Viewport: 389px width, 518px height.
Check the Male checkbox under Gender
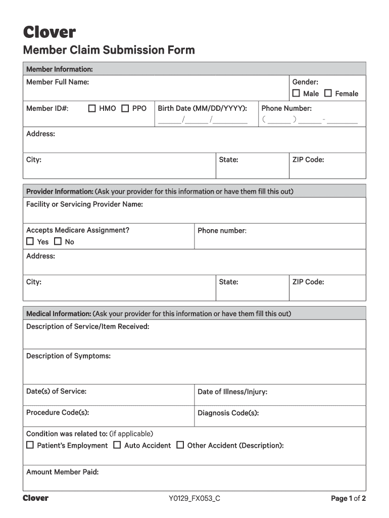pyautogui.click(x=296, y=94)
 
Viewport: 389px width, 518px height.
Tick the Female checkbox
pyautogui.click(x=328, y=94)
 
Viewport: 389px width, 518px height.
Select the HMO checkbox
pyautogui.click(x=92, y=108)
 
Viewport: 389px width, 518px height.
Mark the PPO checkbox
pyautogui.click(x=125, y=108)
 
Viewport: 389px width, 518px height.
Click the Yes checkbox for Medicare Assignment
pyautogui.click(x=30, y=242)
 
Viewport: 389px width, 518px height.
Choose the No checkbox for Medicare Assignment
pyautogui.click(x=58, y=242)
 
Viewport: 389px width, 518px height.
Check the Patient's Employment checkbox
pyautogui.click(x=30, y=445)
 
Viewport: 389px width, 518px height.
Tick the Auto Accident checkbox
pyautogui.click(x=117, y=445)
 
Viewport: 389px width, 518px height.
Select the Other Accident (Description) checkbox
pyautogui.click(x=180, y=445)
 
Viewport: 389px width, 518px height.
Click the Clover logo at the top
pyautogui.click(x=49, y=32)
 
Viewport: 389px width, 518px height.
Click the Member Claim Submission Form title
pyautogui.click(x=109, y=50)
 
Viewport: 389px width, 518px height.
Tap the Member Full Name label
pyautogui.click(x=58, y=82)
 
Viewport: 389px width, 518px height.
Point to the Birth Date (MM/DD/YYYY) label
pyautogui.click(x=202, y=108)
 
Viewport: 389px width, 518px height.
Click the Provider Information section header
pyautogui.click(x=59, y=192)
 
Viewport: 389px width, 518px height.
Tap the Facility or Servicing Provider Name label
pyautogui.click(x=84, y=204)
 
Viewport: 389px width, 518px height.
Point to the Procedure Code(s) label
pyautogui.click(x=58, y=413)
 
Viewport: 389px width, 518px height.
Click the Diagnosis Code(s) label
pyautogui.click(x=228, y=413)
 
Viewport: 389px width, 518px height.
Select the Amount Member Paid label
pyautogui.click(x=62, y=472)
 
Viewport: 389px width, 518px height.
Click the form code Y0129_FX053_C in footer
pyautogui.click(x=194, y=499)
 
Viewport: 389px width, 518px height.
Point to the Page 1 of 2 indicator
pyautogui.click(x=348, y=499)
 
